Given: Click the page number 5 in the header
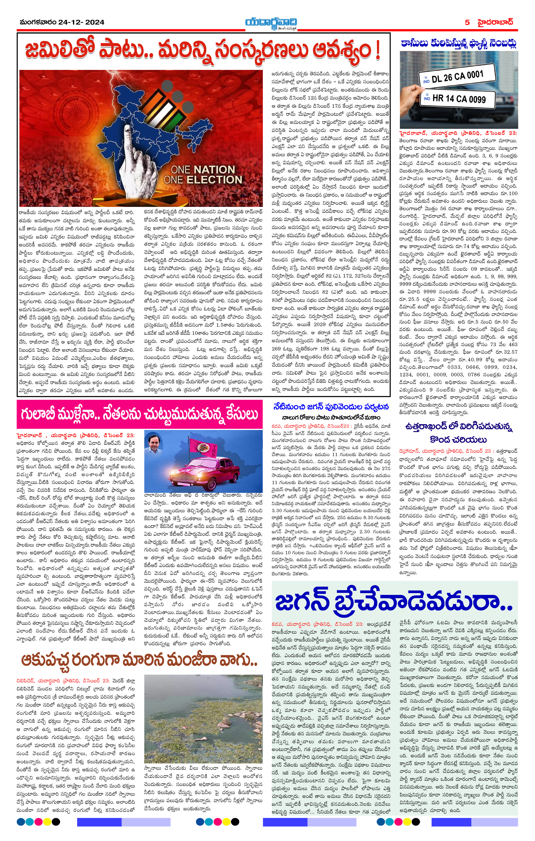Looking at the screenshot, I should (467, 22).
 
